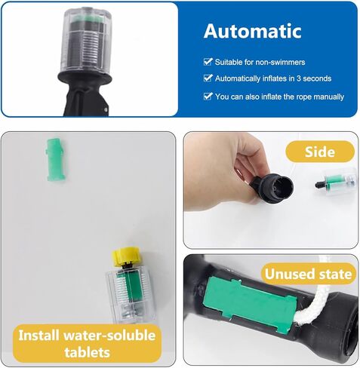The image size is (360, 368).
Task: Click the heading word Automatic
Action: (252, 32)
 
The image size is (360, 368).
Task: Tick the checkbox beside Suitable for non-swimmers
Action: (208, 61)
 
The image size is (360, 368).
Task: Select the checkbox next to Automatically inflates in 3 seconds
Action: (208, 78)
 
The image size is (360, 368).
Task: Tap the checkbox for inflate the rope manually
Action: (208, 97)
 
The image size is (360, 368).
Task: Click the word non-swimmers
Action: (281, 61)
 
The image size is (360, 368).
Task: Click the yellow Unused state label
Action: (307, 273)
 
